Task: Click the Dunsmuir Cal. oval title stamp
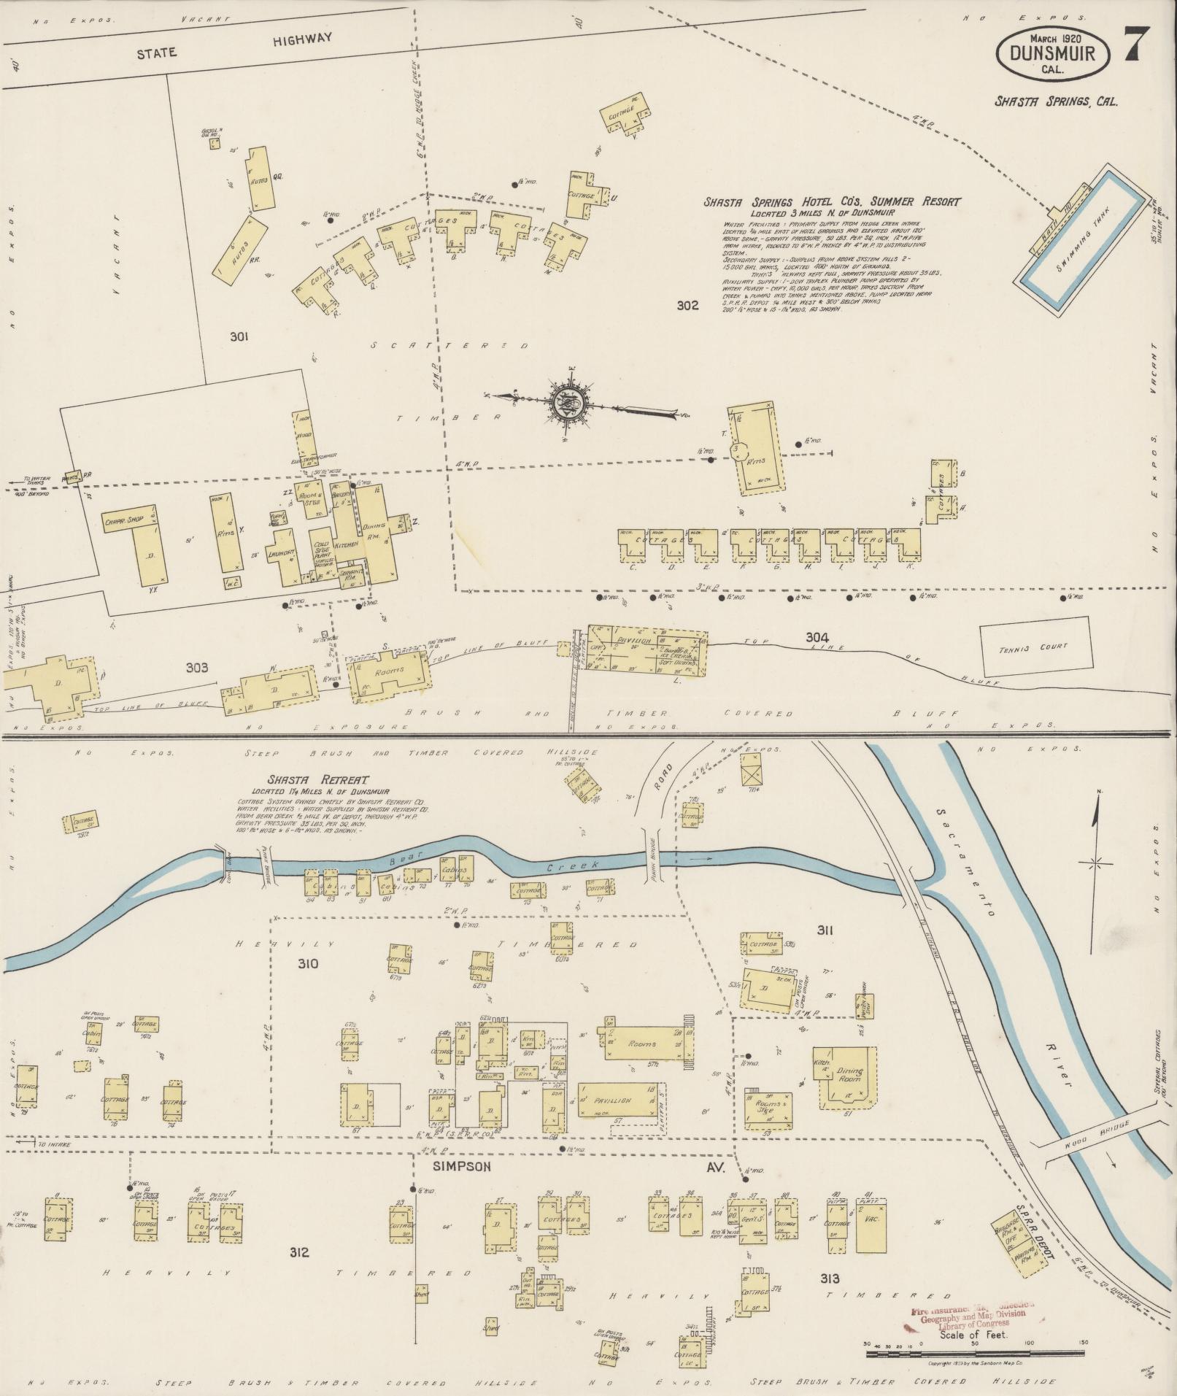click(x=1056, y=55)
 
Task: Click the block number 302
click(x=687, y=306)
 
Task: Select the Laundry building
click(x=281, y=556)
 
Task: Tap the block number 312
click(x=298, y=1253)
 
